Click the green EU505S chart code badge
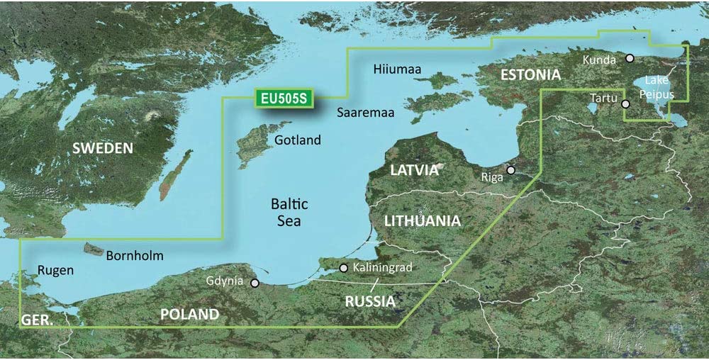282,99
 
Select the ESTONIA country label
530,74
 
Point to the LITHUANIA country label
423,221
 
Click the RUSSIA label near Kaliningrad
369,301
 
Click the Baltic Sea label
290,213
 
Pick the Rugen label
55,270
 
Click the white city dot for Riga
510,170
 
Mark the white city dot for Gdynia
255,283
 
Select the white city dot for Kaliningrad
344,268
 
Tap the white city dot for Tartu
625,104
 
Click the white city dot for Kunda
630,59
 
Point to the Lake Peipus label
652,88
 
